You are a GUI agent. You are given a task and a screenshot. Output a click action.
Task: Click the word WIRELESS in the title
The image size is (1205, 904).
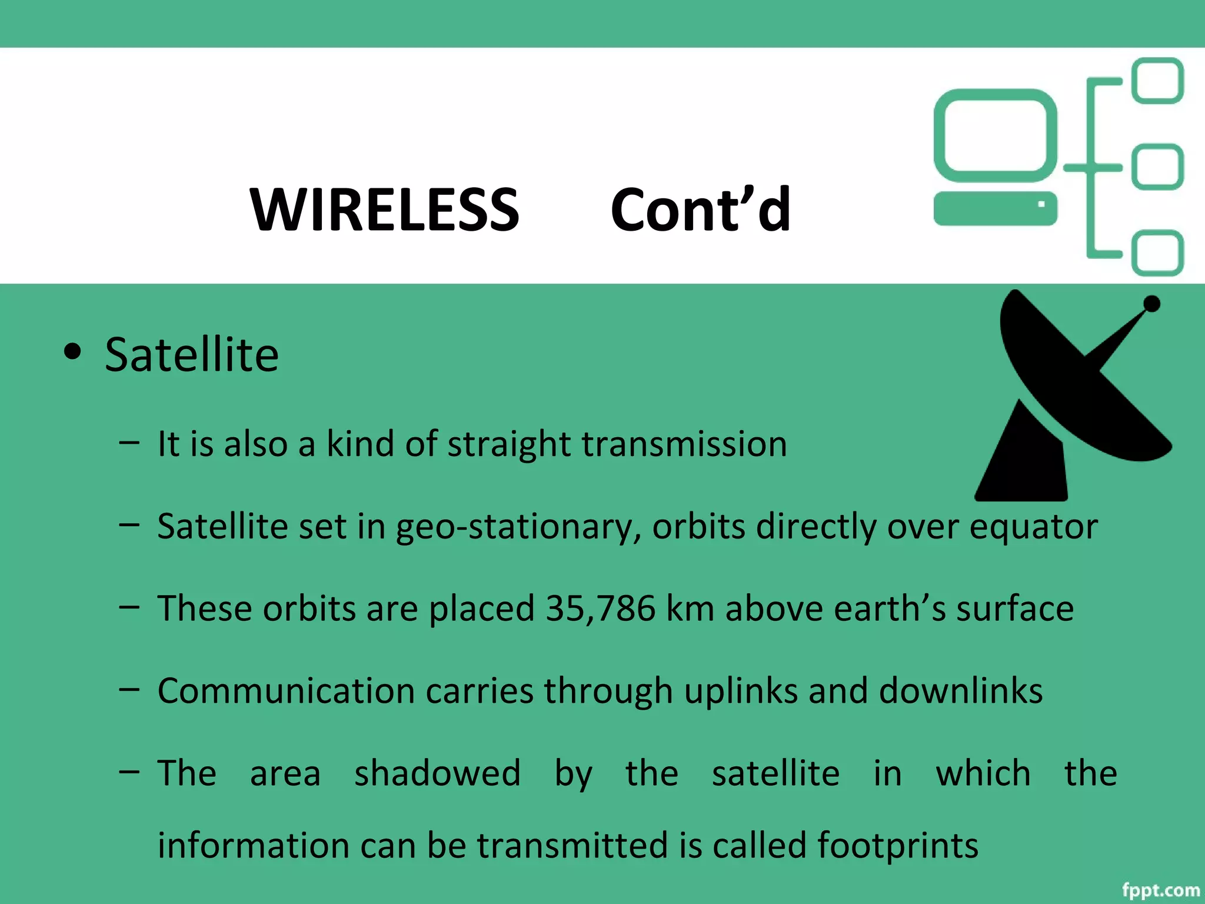pos(384,210)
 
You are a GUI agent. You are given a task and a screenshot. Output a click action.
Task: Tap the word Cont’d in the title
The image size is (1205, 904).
pos(700,210)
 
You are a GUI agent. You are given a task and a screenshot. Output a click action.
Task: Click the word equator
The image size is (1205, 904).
pos(1033,527)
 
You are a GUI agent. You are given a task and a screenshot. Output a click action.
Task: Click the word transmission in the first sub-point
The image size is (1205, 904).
pos(684,444)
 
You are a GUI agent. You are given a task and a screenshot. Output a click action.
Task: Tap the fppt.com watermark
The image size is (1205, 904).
pos(1160,890)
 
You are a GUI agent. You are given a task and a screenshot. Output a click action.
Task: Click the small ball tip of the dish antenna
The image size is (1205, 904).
pos(1151,304)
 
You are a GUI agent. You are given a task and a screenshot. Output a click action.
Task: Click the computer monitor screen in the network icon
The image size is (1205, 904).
pos(995,135)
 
